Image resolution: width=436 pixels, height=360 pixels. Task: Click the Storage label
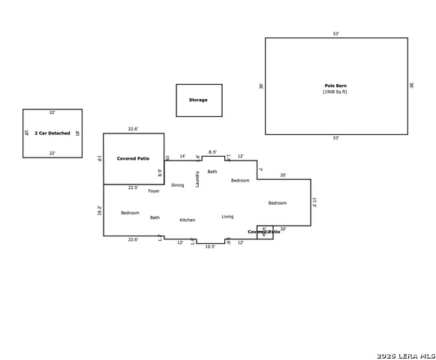[x=198, y=100]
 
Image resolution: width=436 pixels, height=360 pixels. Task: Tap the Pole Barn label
[x=335, y=86]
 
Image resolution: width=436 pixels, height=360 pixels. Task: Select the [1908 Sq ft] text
[x=335, y=92]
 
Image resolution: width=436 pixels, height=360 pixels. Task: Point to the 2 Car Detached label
[x=53, y=133]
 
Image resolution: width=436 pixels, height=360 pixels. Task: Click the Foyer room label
[x=154, y=191]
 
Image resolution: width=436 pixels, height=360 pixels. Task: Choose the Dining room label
[x=177, y=185]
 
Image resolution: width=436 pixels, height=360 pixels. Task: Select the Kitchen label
[x=188, y=220]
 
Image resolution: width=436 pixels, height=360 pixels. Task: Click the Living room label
[x=227, y=217]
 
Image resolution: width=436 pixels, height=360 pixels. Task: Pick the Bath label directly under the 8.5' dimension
[x=212, y=172]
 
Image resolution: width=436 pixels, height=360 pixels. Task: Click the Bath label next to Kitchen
[x=155, y=217]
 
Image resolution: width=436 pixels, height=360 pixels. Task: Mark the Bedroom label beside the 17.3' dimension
[x=278, y=203]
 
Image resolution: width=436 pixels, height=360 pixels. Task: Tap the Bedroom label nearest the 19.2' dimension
[x=130, y=213]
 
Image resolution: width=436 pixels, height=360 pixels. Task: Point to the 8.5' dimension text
[x=212, y=152]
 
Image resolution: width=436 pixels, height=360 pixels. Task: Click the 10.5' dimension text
[x=210, y=246]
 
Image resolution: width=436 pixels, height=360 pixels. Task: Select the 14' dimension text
[x=182, y=156]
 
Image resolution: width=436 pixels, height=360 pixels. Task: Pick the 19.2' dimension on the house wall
[x=100, y=211]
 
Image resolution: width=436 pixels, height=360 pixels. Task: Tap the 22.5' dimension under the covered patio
[x=133, y=187]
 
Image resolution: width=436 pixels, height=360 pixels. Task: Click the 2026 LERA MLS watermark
[x=406, y=354]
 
